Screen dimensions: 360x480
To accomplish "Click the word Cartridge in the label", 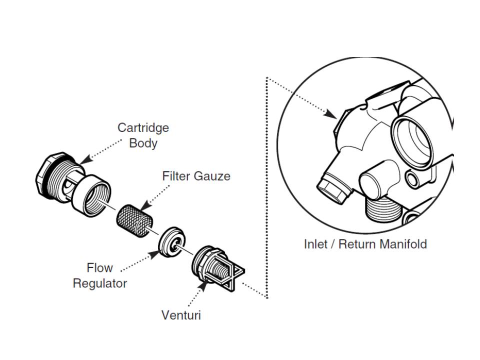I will tap(143, 127).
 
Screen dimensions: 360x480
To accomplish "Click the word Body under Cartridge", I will tap(143, 143).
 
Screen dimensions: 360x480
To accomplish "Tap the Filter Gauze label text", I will tap(196, 176).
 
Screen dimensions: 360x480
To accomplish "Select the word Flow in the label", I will tap(99, 268).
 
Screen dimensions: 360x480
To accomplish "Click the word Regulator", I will tap(99, 283).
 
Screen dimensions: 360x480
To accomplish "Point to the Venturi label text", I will tap(181, 315).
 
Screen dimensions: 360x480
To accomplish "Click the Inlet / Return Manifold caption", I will tap(365, 244).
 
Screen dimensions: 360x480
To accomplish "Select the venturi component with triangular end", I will tap(212, 268).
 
